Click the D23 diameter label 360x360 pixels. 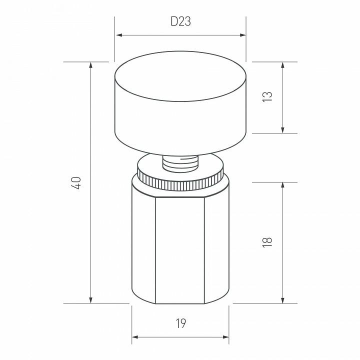click(x=180, y=21)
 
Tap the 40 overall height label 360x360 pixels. click(x=76, y=183)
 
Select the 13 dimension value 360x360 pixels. click(x=267, y=97)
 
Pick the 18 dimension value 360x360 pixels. click(x=267, y=242)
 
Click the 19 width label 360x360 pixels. click(x=181, y=323)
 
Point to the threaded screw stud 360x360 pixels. click(x=180, y=163)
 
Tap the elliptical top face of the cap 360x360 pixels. click(x=180, y=76)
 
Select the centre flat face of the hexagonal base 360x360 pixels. click(x=180, y=250)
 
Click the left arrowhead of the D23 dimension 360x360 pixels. click(x=119, y=35)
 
